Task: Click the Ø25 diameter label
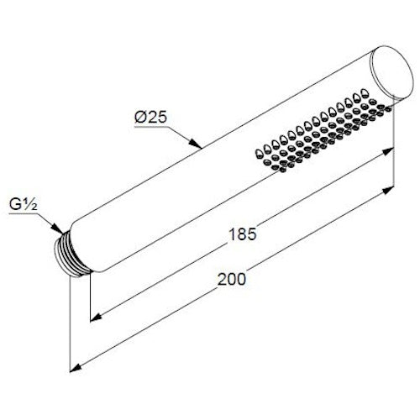(150, 117)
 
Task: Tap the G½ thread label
(23, 204)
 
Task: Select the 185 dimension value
(243, 234)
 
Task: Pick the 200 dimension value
(232, 279)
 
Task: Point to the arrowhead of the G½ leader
(57, 228)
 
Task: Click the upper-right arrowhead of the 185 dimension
(388, 151)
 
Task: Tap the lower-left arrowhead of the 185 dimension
(96, 318)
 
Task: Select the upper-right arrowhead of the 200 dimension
(388, 191)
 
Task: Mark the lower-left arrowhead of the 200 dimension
(76, 368)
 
